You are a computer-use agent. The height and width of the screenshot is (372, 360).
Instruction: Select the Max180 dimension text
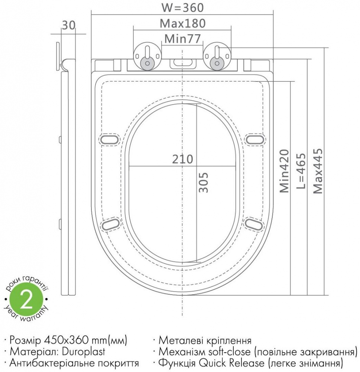click(x=182, y=23)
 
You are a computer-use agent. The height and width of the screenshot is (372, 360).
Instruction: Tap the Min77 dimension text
click(x=182, y=38)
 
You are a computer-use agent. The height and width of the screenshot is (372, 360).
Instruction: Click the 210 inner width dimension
click(x=182, y=159)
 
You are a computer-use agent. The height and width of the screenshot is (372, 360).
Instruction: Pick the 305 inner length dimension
click(x=203, y=182)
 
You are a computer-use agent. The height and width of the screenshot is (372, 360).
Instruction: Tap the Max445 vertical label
click(x=318, y=171)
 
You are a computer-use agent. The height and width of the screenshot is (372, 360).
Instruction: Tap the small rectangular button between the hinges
click(x=182, y=63)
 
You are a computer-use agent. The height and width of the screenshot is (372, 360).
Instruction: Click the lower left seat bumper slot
click(x=110, y=224)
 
